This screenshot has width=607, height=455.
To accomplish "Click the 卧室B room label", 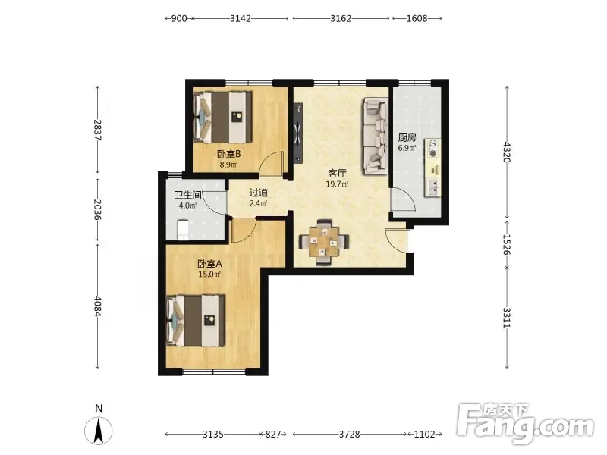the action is tap(229, 154).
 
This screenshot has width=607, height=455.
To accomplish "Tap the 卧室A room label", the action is tap(209, 264).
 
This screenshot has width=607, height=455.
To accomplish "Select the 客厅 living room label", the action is tap(337, 173).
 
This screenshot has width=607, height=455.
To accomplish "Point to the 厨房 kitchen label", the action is tap(407, 137).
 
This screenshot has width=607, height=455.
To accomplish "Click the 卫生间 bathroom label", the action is tap(187, 196).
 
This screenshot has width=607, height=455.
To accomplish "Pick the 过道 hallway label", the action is tap(258, 193).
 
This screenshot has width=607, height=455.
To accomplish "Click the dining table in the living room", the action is tap(324, 242).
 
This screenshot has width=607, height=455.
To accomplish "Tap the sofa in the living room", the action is tap(376, 136).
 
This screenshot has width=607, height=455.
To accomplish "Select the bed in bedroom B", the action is tap(223, 117).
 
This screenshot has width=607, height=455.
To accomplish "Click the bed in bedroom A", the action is tap(196, 320).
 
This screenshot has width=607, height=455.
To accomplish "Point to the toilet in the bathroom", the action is tap(183, 230).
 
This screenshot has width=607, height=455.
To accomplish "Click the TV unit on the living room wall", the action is tap(298, 133).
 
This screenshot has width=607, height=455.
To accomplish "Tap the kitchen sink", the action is tap(432, 187).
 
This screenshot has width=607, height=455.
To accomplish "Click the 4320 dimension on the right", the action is tap(507, 152).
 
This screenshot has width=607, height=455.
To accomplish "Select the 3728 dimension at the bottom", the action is tap(350, 434).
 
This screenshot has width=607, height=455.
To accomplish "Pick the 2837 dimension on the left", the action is tap(97, 130).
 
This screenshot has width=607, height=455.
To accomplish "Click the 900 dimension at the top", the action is tap(179, 18).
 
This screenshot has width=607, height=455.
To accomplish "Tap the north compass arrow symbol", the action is tap(99, 431).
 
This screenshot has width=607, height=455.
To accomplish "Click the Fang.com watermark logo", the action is tap(525, 424).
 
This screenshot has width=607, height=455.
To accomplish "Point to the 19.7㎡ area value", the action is tap(337, 184).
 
